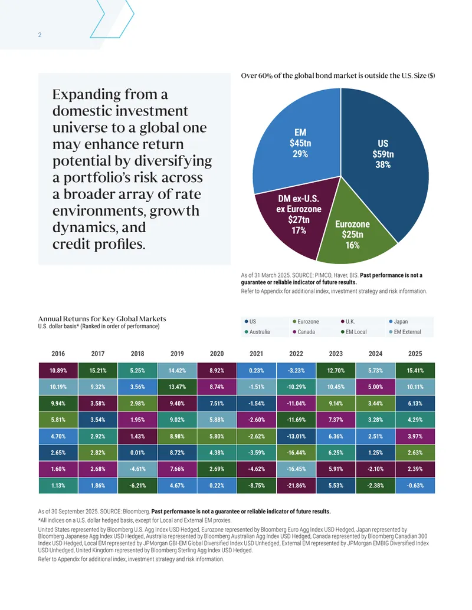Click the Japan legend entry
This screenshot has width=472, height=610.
pos(398,321)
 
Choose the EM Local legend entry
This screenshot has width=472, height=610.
pos(353,332)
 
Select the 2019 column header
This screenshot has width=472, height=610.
pos(177,354)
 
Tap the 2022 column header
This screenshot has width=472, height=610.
pos(296,354)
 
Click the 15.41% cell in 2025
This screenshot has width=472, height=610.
pos(415,370)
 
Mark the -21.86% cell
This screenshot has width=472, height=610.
pos(296,486)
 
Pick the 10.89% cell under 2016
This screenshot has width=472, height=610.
pos(58,370)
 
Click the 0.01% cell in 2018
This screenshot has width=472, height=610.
pos(137,453)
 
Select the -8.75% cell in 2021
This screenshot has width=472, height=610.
pos(257,486)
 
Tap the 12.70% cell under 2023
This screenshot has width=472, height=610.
pos(336,370)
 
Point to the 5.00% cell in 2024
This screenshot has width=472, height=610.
pos(375,387)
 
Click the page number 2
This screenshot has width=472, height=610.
pos(40,35)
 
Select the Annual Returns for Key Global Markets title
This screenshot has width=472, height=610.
pos(102,319)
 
